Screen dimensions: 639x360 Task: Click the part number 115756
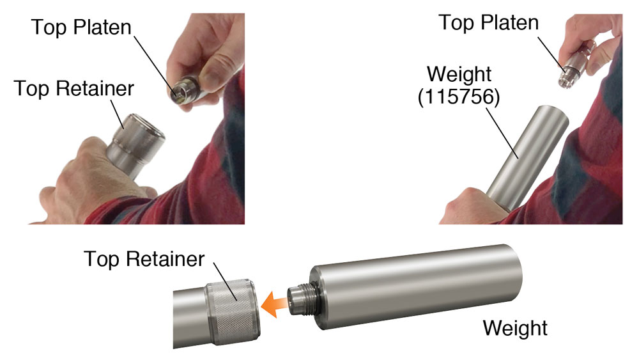pos(458,97)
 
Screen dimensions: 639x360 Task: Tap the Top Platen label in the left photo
pos(82,27)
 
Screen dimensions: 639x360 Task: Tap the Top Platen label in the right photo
pos(489,22)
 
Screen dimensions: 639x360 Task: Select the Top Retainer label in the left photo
pos(73,89)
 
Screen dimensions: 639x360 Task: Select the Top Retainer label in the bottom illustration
pos(144,260)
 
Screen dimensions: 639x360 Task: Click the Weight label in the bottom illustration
pos(515,328)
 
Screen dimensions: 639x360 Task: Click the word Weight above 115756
pos(459,75)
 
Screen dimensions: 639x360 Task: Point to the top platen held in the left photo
pos(185,90)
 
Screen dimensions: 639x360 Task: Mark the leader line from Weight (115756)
pos(502,132)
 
